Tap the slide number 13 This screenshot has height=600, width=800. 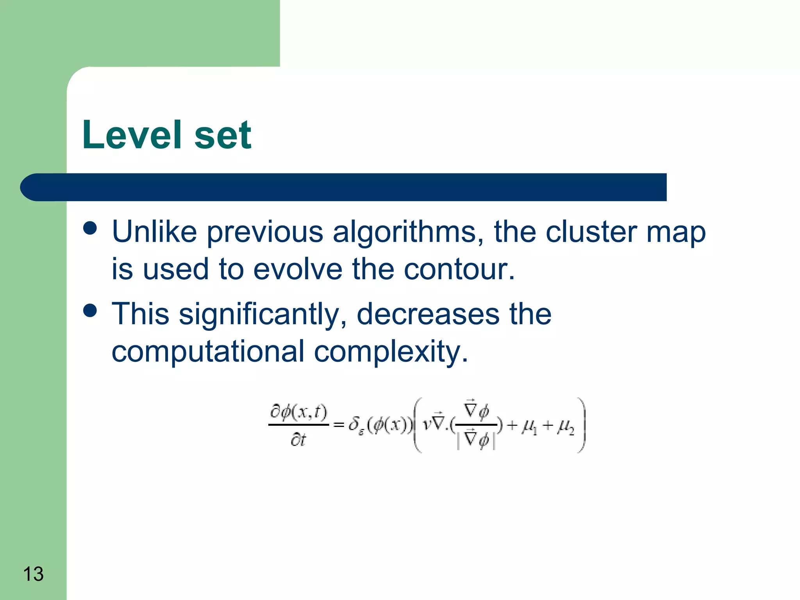(33, 574)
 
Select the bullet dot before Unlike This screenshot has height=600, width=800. (90, 228)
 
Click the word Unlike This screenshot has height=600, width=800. (154, 232)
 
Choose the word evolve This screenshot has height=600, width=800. (298, 269)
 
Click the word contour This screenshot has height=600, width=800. (459, 269)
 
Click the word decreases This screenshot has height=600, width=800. (428, 314)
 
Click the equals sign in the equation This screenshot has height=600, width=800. (338, 425)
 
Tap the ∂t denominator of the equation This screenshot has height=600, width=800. (298, 440)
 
